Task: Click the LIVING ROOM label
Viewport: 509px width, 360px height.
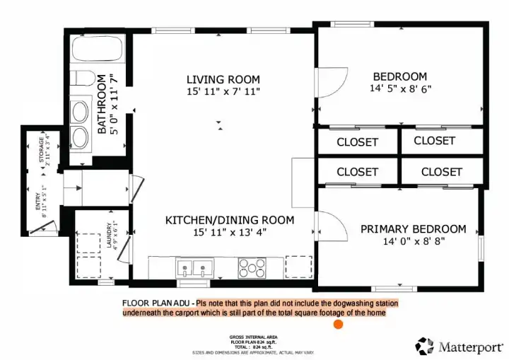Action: click(223, 79)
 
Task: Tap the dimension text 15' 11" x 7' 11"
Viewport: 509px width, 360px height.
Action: click(223, 92)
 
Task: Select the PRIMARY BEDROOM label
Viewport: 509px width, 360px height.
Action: click(413, 228)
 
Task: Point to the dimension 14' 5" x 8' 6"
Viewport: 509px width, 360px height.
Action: click(399, 89)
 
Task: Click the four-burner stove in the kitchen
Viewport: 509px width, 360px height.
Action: click(251, 268)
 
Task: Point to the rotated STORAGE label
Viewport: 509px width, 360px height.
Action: click(40, 151)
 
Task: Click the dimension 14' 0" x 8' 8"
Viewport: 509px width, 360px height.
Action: click(413, 241)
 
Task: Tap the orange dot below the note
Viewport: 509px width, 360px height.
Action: click(338, 324)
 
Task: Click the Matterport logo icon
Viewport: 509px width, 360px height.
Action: click(424, 346)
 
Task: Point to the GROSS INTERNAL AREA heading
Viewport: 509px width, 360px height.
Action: click(253, 337)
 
